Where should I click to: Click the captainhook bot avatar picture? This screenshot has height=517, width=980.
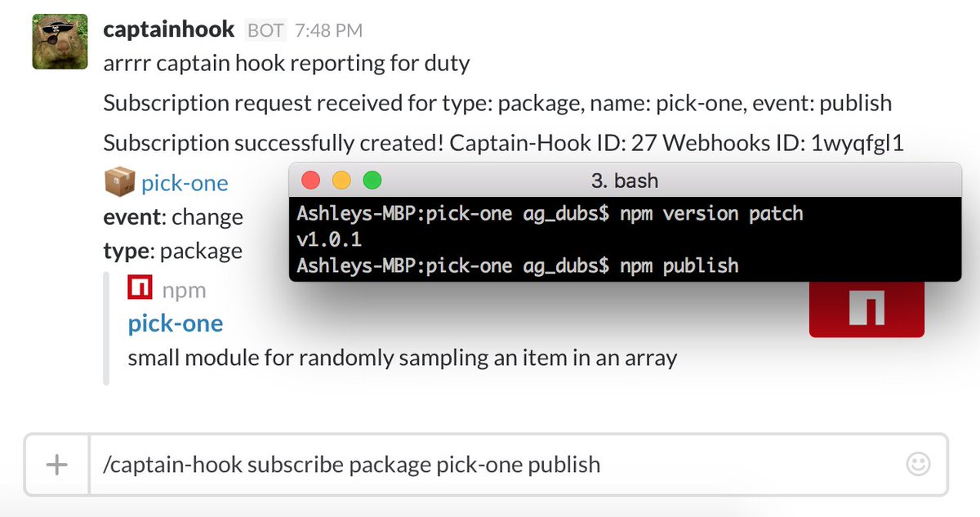coord(60,42)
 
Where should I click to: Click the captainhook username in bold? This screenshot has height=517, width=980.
coord(169,30)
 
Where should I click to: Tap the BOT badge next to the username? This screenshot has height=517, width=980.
coord(265,31)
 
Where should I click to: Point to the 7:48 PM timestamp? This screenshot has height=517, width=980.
coord(329,31)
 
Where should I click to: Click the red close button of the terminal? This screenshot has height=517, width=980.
coord(311,181)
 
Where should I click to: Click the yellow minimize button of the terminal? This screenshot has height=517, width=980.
coord(341,181)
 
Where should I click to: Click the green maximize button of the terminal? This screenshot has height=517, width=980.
coord(372,181)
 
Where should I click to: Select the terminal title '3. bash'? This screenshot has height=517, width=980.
coord(624,181)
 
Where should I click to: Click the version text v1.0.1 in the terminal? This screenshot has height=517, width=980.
coord(329,239)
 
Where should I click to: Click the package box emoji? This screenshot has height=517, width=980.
coord(119,183)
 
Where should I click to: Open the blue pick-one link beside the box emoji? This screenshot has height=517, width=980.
coord(185,183)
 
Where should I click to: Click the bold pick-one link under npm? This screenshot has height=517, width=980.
coord(176,323)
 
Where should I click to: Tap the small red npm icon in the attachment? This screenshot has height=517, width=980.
coord(140,289)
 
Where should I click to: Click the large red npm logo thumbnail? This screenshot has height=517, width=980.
coord(866,309)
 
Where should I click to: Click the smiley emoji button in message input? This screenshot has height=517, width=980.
coord(918,465)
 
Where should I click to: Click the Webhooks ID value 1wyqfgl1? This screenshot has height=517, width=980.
coord(857,143)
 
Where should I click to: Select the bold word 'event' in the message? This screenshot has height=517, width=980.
coord(131,217)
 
